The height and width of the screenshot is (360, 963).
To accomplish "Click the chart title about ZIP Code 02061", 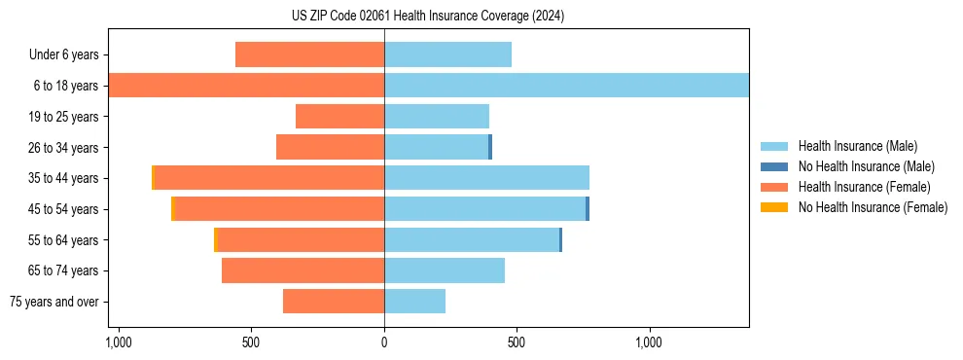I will pyautogui.click(x=427, y=17).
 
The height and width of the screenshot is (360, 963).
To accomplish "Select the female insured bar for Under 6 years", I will pyautogui.click(x=309, y=54).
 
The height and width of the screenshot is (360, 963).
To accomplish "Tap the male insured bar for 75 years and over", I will pyautogui.click(x=414, y=302).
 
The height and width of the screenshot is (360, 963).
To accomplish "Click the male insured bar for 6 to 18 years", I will pyautogui.click(x=566, y=86).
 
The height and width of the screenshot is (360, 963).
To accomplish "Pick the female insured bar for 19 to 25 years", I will pyautogui.click(x=339, y=117).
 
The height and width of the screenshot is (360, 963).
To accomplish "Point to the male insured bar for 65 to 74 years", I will pyautogui.click(x=445, y=270).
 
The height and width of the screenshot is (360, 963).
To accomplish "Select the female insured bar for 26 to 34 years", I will pyautogui.click(x=330, y=147).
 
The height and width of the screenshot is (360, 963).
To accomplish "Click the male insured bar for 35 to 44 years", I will pyautogui.click(x=486, y=178).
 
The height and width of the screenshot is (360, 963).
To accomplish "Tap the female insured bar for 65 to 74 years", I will pyautogui.click(x=303, y=270).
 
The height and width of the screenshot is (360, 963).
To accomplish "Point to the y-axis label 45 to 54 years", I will pyautogui.click(x=63, y=209).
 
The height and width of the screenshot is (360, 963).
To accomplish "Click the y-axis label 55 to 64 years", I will pyautogui.click(x=63, y=240).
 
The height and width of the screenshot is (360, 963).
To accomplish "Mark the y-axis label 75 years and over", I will pyautogui.click(x=53, y=302).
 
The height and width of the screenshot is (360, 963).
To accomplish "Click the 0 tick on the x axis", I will pyautogui.click(x=384, y=342).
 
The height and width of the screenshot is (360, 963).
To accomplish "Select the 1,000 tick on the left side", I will pyautogui.click(x=118, y=342).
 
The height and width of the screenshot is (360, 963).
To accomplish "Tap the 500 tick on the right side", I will pyautogui.click(x=517, y=342).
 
